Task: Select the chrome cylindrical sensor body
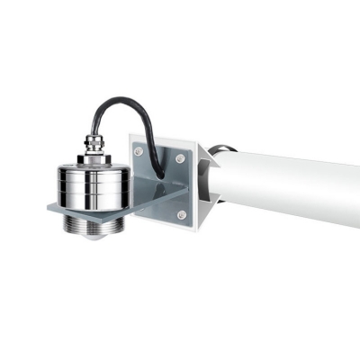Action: point(90,184)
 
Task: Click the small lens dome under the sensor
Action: point(90,240)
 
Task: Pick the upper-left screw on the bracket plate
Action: point(138,151)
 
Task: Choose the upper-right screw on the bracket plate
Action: point(180,158)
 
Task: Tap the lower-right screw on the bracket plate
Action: point(181,215)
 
